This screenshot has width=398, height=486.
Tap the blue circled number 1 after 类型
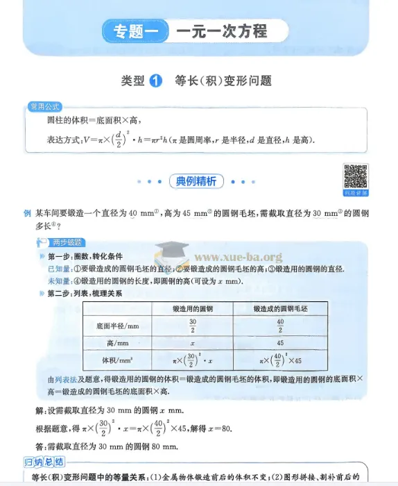tap(156, 81)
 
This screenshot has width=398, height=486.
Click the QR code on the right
tap(356, 176)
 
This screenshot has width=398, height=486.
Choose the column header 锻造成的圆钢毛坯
tap(281, 308)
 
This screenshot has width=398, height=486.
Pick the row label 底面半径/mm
tap(114, 325)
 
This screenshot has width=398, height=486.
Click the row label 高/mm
tap(114, 342)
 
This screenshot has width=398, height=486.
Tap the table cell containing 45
tap(281, 342)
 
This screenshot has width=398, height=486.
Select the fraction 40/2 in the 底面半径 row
tap(281, 325)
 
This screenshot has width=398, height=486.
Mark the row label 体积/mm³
tap(114, 360)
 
